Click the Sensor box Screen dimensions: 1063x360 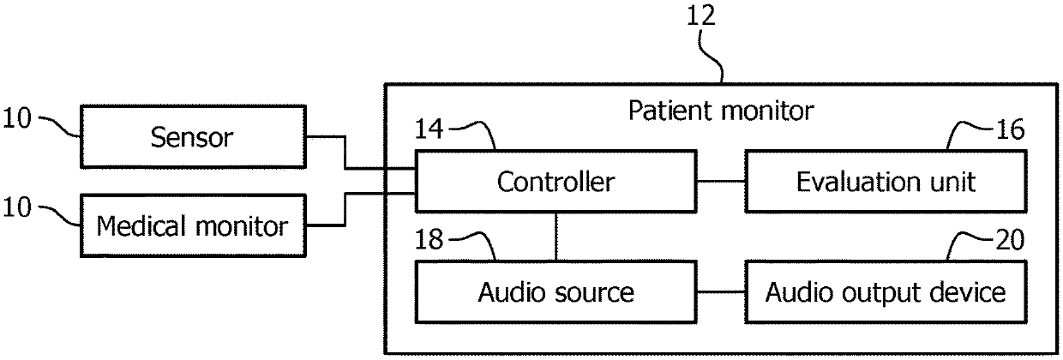point(193,136)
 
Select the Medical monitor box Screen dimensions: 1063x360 point(193,225)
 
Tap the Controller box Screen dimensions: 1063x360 point(556,181)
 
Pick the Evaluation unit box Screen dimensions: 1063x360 point(886,181)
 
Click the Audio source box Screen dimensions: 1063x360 point(556,291)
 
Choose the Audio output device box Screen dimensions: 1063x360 point(886,291)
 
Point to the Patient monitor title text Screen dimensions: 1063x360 point(721,111)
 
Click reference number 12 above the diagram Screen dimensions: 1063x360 point(701,16)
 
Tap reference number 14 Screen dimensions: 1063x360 point(429,129)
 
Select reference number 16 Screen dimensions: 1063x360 point(1010,129)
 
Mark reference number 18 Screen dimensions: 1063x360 point(429,239)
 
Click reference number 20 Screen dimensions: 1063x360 point(1010,240)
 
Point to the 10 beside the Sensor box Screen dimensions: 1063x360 point(17,118)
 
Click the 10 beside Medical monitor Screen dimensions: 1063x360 point(17,207)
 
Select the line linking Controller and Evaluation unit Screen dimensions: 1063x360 point(721,181)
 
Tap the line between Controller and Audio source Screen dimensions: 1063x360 point(556,237)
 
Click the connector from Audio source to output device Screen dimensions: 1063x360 point(721,291)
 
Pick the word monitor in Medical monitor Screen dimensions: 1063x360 point(242,226)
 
